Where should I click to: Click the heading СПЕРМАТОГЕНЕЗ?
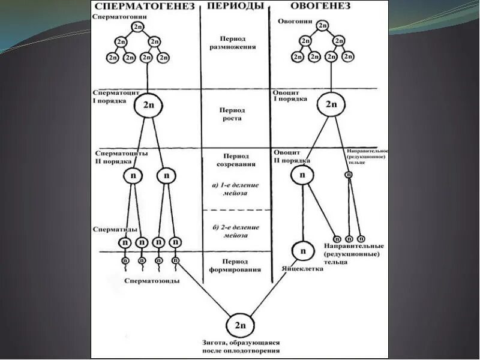click(145, 7)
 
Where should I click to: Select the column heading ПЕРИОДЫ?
click(235, 7)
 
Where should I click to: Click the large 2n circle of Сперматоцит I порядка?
click(148, 106)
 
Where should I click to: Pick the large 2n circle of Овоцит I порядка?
click(331, 104)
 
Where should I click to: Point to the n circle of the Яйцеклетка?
click(302, 251)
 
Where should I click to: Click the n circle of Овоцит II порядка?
click(302, 175)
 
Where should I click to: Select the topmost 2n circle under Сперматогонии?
click(138, 28)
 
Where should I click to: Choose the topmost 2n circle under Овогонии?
click(322, 26)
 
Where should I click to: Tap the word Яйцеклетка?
click(302, 269)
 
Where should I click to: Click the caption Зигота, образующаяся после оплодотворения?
click(241, 347)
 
